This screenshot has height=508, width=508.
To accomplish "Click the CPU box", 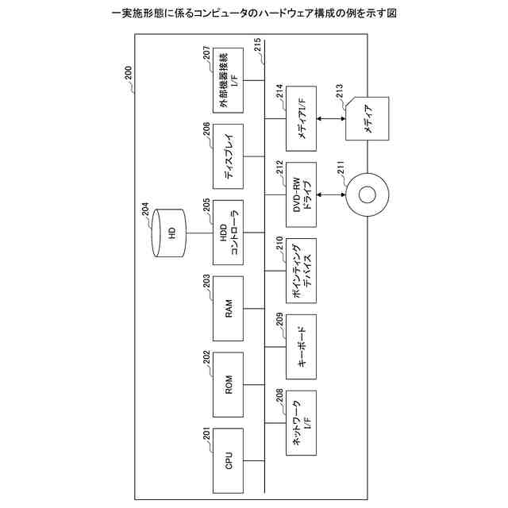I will [x=228, y=460].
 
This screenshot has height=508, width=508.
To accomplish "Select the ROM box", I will [x=228, y=388].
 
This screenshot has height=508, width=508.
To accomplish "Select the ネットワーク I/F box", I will [x=301, y=423].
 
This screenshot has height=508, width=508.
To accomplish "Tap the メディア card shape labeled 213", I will [x=368, y=120].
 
